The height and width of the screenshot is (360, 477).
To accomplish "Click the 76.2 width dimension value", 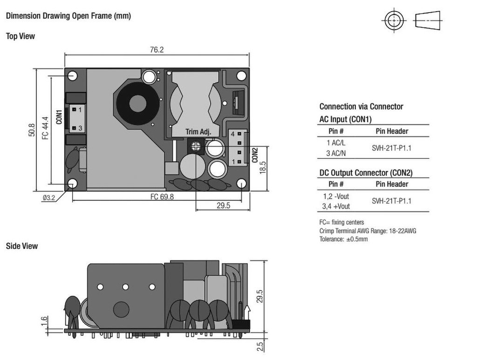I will point(157,50).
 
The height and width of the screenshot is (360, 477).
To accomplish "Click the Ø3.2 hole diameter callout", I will point(48,197).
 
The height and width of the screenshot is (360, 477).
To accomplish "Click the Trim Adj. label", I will point(198,132).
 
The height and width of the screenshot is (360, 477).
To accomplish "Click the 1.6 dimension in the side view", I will point(44,321).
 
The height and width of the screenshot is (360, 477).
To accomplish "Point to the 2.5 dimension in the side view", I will point(260,346).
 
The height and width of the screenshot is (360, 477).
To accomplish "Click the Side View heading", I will point(21,246).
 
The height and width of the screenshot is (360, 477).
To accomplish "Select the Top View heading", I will point(20,36).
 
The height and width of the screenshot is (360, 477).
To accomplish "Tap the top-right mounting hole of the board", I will point(241,75).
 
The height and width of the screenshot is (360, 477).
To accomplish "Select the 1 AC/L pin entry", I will point(336,143).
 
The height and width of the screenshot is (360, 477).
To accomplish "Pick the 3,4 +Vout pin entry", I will point(336,206).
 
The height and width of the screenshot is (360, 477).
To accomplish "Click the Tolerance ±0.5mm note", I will point(343,239).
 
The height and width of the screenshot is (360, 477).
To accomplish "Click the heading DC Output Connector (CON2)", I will point(366,173).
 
